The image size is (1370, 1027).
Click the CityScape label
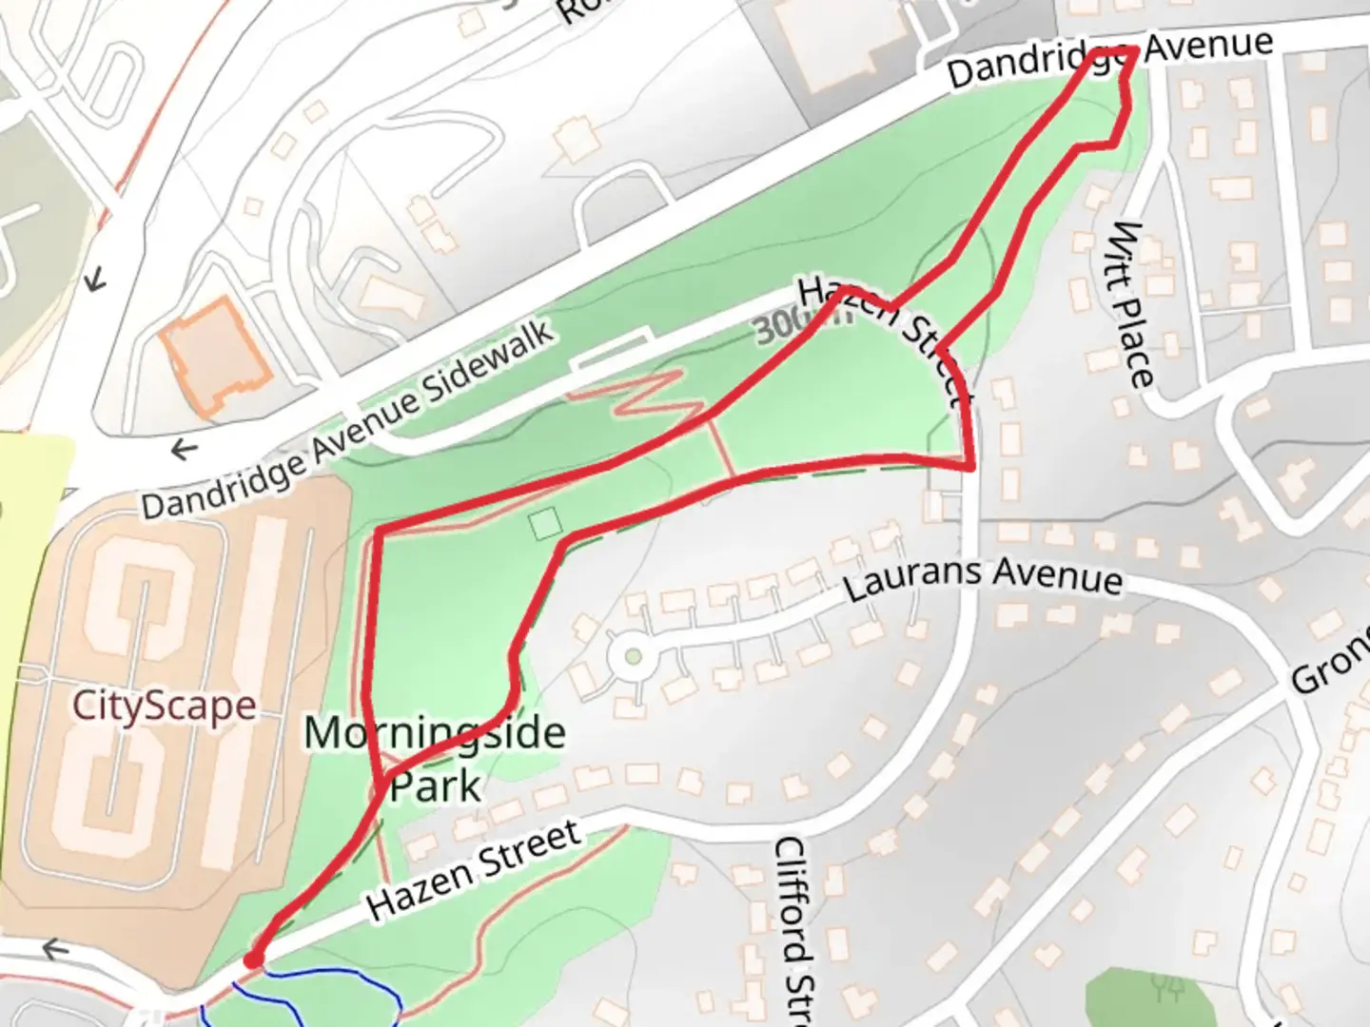pyautogui.click(x=164, y=706)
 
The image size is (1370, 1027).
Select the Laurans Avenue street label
pyautogui.click(x=983, y=577)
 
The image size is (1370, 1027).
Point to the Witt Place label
pyautogui.click(x=1133, y=304)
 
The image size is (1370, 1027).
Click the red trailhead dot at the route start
pyautogui.click(x=252, y=960)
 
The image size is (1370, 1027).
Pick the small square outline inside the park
pyautogui.click(x=545, y=525)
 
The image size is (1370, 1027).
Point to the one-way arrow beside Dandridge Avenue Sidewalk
pyautogui.click(x=183, y=449)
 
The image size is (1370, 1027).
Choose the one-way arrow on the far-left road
pyautogui.click(x=94, y=280)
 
